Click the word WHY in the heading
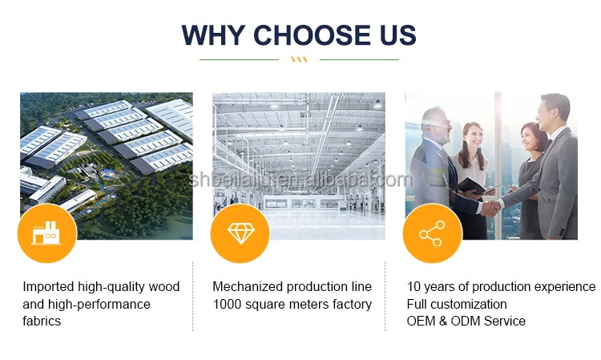click(213, 35)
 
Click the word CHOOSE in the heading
click(312, 35)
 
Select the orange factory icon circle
click(47, 233)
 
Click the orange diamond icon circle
click(240, 233)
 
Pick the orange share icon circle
click(433, 233)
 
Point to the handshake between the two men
click(490, 208)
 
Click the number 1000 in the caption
click(227, 304)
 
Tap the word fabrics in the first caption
click(42, 321)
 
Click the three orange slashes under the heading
click(299, 59)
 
